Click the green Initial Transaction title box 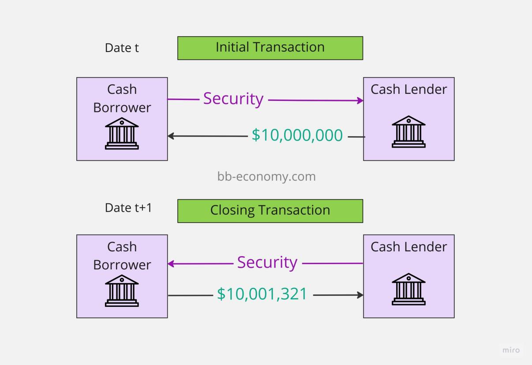click(270, 48)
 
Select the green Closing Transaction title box click(270, 211)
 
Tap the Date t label click(122, 48)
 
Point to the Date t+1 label click(128, 208)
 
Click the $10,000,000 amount click(297, 135)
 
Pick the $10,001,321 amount click(262, 294)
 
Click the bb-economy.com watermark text click(266, 176)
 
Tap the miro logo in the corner click(511, 350)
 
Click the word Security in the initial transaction click(233, 99)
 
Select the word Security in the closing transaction click(267, 262)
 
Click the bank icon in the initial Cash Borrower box click(122, 133)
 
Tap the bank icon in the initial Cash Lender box click(408, 131)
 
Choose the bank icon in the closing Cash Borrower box click(122, 291)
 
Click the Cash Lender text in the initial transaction click(408, 89)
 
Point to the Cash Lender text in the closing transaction click(408, 247)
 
